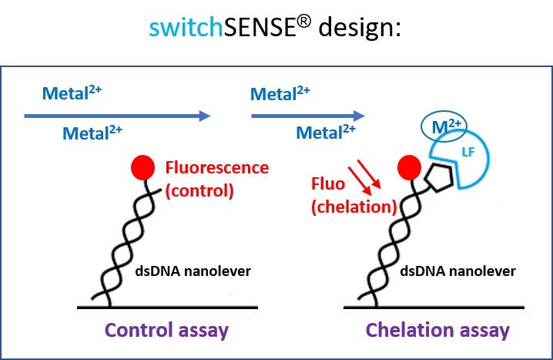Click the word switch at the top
[x=186, y=28]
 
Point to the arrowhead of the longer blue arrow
[x=206, y=116]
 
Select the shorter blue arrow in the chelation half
[x=307, y=116]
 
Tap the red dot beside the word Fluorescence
[x=142, y=167]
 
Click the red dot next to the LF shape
[x=408, y=167]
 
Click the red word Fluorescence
[x=217, y=167]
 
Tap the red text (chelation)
[x=354, y=206]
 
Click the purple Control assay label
[x=166, y=331]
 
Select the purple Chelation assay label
[x=437, y=331]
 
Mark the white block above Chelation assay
[x=468, y=245]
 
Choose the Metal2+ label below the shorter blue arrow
[x=326, y=133]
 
